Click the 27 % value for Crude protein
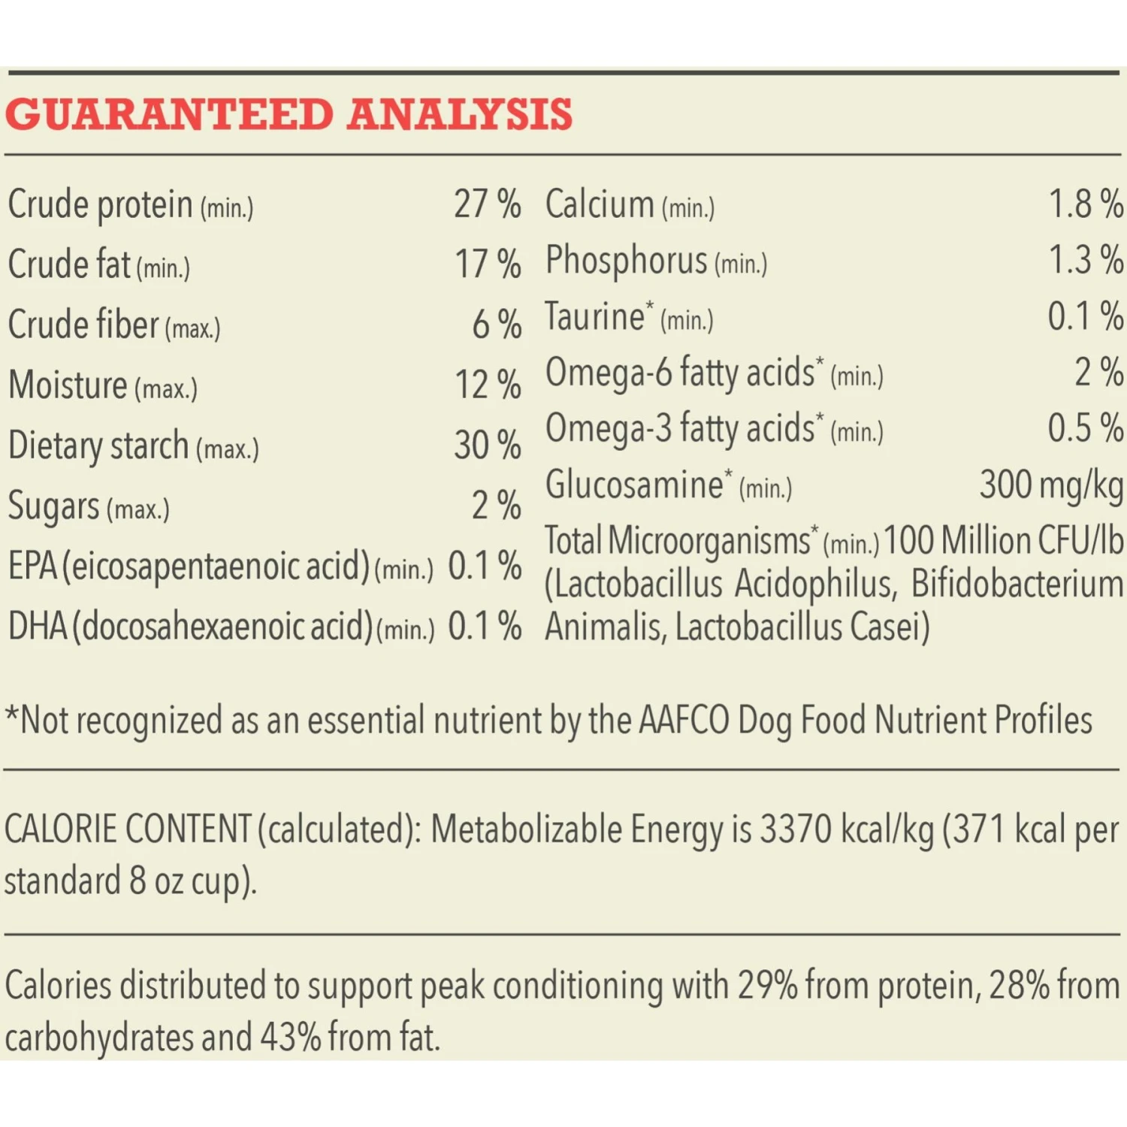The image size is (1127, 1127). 487,204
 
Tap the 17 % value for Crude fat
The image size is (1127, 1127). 488,264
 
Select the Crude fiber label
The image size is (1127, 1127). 83,325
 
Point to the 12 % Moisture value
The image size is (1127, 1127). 488,385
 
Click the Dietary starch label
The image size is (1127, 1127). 98,446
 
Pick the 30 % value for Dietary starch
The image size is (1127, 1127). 487,446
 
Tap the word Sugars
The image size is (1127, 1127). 53,506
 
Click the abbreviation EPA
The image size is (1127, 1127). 32,567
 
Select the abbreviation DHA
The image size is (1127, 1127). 38,627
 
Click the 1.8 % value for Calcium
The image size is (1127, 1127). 1086,204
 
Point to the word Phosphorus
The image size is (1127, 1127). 627,261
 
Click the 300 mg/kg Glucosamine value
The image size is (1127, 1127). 1051,485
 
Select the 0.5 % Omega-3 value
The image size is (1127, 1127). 1086,429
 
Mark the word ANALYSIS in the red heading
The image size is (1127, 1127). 460,115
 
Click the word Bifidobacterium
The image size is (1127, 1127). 1017,585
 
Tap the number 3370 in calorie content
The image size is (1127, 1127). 796,829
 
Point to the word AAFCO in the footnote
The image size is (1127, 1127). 684,721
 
